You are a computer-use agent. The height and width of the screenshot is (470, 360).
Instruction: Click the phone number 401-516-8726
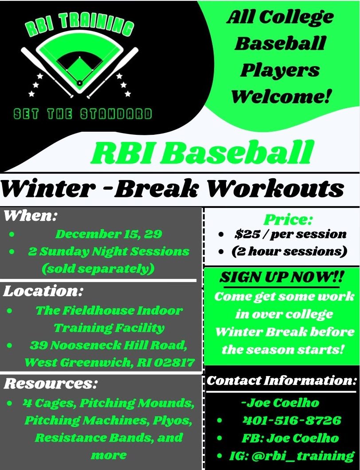tap(292, 420)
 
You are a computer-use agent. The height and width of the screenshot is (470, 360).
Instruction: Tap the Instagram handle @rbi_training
tap(303, 456)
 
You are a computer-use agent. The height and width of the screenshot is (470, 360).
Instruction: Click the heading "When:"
tap(30, 216)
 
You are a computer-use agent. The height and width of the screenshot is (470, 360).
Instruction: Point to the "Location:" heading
tap(43, 291)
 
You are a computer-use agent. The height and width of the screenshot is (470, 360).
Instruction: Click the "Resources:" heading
tap(51, 384)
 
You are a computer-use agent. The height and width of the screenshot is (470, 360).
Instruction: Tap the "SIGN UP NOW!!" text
tap(282, 277)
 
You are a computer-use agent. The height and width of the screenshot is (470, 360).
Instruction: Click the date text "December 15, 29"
tap(109, 234)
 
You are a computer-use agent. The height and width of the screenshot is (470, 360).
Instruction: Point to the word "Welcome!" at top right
tap(281, 97)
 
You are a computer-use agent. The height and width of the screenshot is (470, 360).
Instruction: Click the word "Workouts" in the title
tap(275, 189)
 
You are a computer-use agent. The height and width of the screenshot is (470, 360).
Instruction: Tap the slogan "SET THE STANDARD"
tap(83, 114)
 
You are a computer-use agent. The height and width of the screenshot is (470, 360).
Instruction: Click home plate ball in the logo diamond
tap(79, 83)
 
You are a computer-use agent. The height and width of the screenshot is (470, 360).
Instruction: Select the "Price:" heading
tap(288, 220)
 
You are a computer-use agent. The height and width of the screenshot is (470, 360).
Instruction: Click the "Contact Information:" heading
tap(282, 380)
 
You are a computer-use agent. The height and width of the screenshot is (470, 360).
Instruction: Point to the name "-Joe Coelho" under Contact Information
tap(280, 403)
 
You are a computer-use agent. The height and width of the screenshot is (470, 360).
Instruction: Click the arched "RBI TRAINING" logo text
tap(79, 26)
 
